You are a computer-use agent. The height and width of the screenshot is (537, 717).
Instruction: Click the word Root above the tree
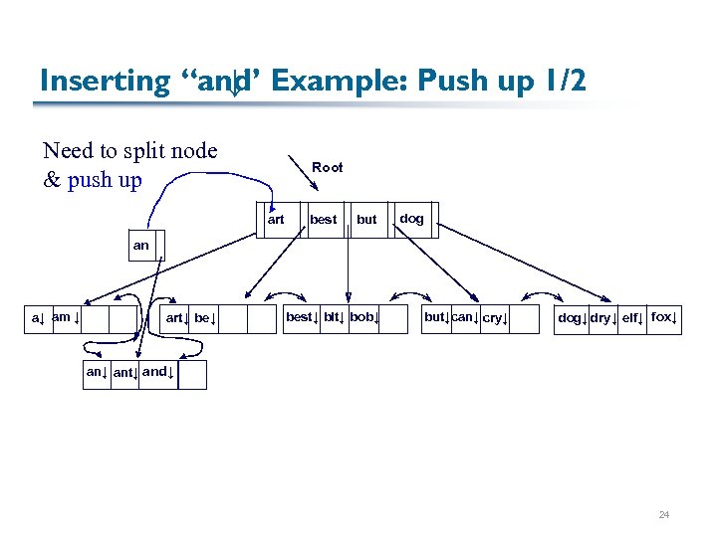pyautogui.click(x=327, y=167)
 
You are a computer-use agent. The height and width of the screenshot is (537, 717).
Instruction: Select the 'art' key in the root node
pyautogui.click(x=276, y=220)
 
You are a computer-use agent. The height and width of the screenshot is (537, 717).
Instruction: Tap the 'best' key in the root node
pyautogui.click(x=323, y=220)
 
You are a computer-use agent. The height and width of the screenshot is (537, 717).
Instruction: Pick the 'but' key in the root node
pyautogui.click(x=366, y=220)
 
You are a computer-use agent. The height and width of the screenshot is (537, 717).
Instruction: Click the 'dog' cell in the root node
pyautogui.click(x=411, y=219)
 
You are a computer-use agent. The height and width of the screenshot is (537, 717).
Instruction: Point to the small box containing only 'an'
pyautogui.click(x=140, y=245)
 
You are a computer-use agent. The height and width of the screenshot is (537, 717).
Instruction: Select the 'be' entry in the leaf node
pyautogui.click(x=205, y=318)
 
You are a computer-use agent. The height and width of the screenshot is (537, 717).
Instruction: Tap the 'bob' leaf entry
pyautogui.click(x=363, y=317)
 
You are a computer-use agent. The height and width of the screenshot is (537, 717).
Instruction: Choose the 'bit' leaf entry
pyautogui.click(x=333, y=317)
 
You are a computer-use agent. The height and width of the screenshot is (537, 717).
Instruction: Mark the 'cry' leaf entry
pyautogui.click(x=495, y=318)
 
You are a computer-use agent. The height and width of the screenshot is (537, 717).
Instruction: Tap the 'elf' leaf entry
pyautogui.click(x=632, y=318)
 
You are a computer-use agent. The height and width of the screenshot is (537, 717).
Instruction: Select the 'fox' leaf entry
pyautogui.click(x=664, y=317)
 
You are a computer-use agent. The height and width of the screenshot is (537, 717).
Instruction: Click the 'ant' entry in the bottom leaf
pyautogui.click(x=125, y=374)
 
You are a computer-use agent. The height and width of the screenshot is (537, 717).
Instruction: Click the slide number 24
pyautogui.click(x=663, y=515)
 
